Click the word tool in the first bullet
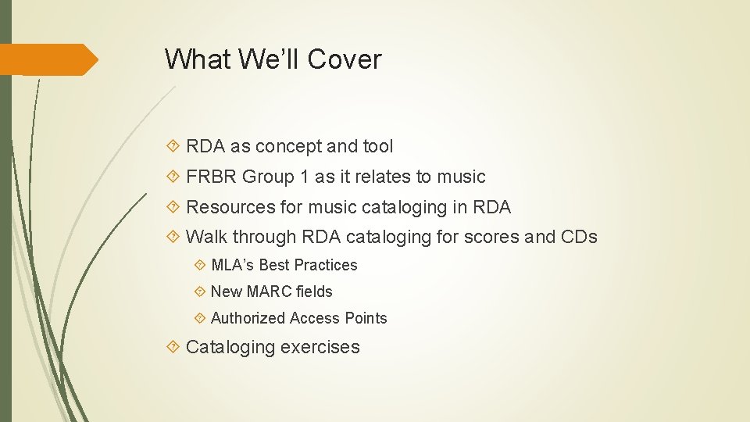[378, 146]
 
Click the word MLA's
[232, 265]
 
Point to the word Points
[366, 318]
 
